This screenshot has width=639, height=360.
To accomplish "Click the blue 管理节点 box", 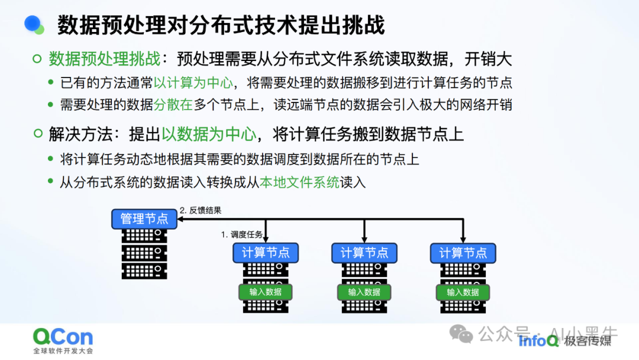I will coord(144,218).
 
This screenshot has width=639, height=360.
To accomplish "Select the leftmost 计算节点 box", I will coord(266,252).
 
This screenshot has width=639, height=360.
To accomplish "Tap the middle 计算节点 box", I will coord(364,252).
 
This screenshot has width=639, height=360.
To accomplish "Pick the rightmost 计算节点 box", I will coord(463,252).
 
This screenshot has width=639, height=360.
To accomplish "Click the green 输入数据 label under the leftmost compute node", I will coord(266,292).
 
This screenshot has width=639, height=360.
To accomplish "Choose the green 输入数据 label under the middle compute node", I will coord(364,292).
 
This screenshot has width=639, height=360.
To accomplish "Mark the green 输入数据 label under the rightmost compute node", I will coord(463,292).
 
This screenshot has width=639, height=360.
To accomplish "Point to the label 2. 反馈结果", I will coord(201,210).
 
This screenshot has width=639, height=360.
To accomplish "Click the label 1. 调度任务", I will coord(241,234).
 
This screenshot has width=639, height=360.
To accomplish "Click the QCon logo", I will coord(63,337).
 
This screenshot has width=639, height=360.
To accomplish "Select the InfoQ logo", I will coord(538,340).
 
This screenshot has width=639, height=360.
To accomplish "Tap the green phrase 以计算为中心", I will coord(193,83).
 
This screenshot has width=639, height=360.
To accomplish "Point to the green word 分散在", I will coord(173,105).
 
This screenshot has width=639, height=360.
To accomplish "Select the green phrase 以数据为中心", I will coord(209,134).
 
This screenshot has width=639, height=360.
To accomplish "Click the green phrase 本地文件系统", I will coord(300,182).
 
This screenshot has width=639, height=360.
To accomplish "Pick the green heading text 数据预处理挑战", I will coord(104,59).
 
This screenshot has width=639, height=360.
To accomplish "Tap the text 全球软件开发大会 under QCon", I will coord(63,351).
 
